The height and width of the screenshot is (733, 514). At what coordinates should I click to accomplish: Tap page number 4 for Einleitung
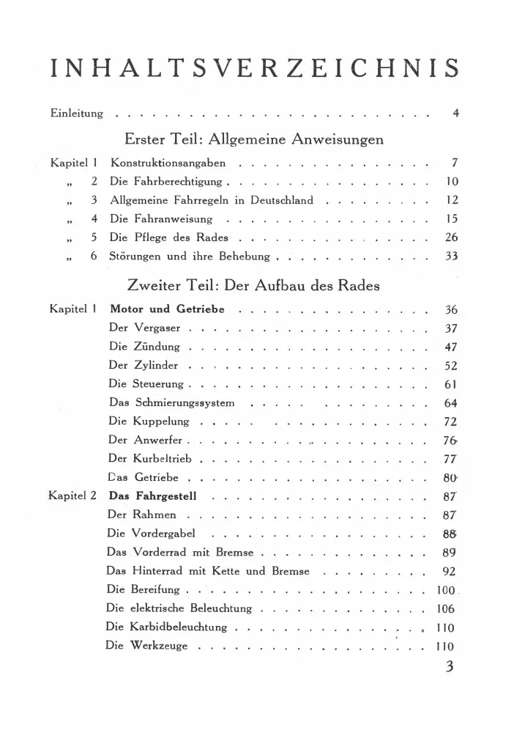(x=455, y=114)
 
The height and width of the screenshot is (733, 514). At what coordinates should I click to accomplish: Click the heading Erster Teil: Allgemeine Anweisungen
(x=256, y=139)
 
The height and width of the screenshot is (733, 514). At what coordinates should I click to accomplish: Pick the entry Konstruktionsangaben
(x=168, y=162)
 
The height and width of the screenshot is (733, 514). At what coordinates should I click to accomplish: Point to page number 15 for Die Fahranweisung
(x=451, y=218)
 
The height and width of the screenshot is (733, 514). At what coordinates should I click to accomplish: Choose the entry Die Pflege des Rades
(x=168, y=237)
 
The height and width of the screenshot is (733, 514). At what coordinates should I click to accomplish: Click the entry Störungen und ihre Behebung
(x=190, y=257)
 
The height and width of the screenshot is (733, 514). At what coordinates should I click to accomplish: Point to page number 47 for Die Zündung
(x=451, y=347)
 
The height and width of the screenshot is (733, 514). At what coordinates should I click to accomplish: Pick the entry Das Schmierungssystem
(x=171, y=403)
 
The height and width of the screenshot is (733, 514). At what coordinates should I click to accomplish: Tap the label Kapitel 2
(x=72, y=496)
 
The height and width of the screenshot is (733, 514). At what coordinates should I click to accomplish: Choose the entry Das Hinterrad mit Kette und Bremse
(x=208, y=571)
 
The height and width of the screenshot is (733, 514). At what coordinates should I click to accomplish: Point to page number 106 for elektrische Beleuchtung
(x=445, y=608)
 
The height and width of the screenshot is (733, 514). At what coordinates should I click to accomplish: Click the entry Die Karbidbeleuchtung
(x=167, y=627)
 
